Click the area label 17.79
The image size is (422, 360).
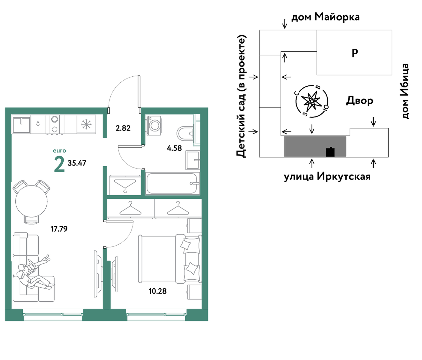(x=59, y=229)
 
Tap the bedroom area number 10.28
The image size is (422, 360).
(x=157, y=291)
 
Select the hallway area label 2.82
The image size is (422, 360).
(x=123, y=128)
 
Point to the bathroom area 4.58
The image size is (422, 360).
(x=174, y=148)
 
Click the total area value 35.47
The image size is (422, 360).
(x=77, y=163)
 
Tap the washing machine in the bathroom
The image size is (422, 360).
(x=153, y=125)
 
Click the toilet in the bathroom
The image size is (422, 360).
(x=185, y=134)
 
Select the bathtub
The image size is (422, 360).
(x=172, y=184)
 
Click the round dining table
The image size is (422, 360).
(x=31, y=201)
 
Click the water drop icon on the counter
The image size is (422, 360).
(x=38, y=123)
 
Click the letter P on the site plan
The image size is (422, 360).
(x=355, y=53)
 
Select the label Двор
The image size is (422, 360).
(x=360, y=100)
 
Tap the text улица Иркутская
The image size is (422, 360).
(x=327, y=176)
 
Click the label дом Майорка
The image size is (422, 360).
(x=326, y=17)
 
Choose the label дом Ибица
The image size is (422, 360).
(x=405, y=91)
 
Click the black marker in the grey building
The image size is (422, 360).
(x=330, y=152)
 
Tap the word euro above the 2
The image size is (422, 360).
(x=59, y=151)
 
